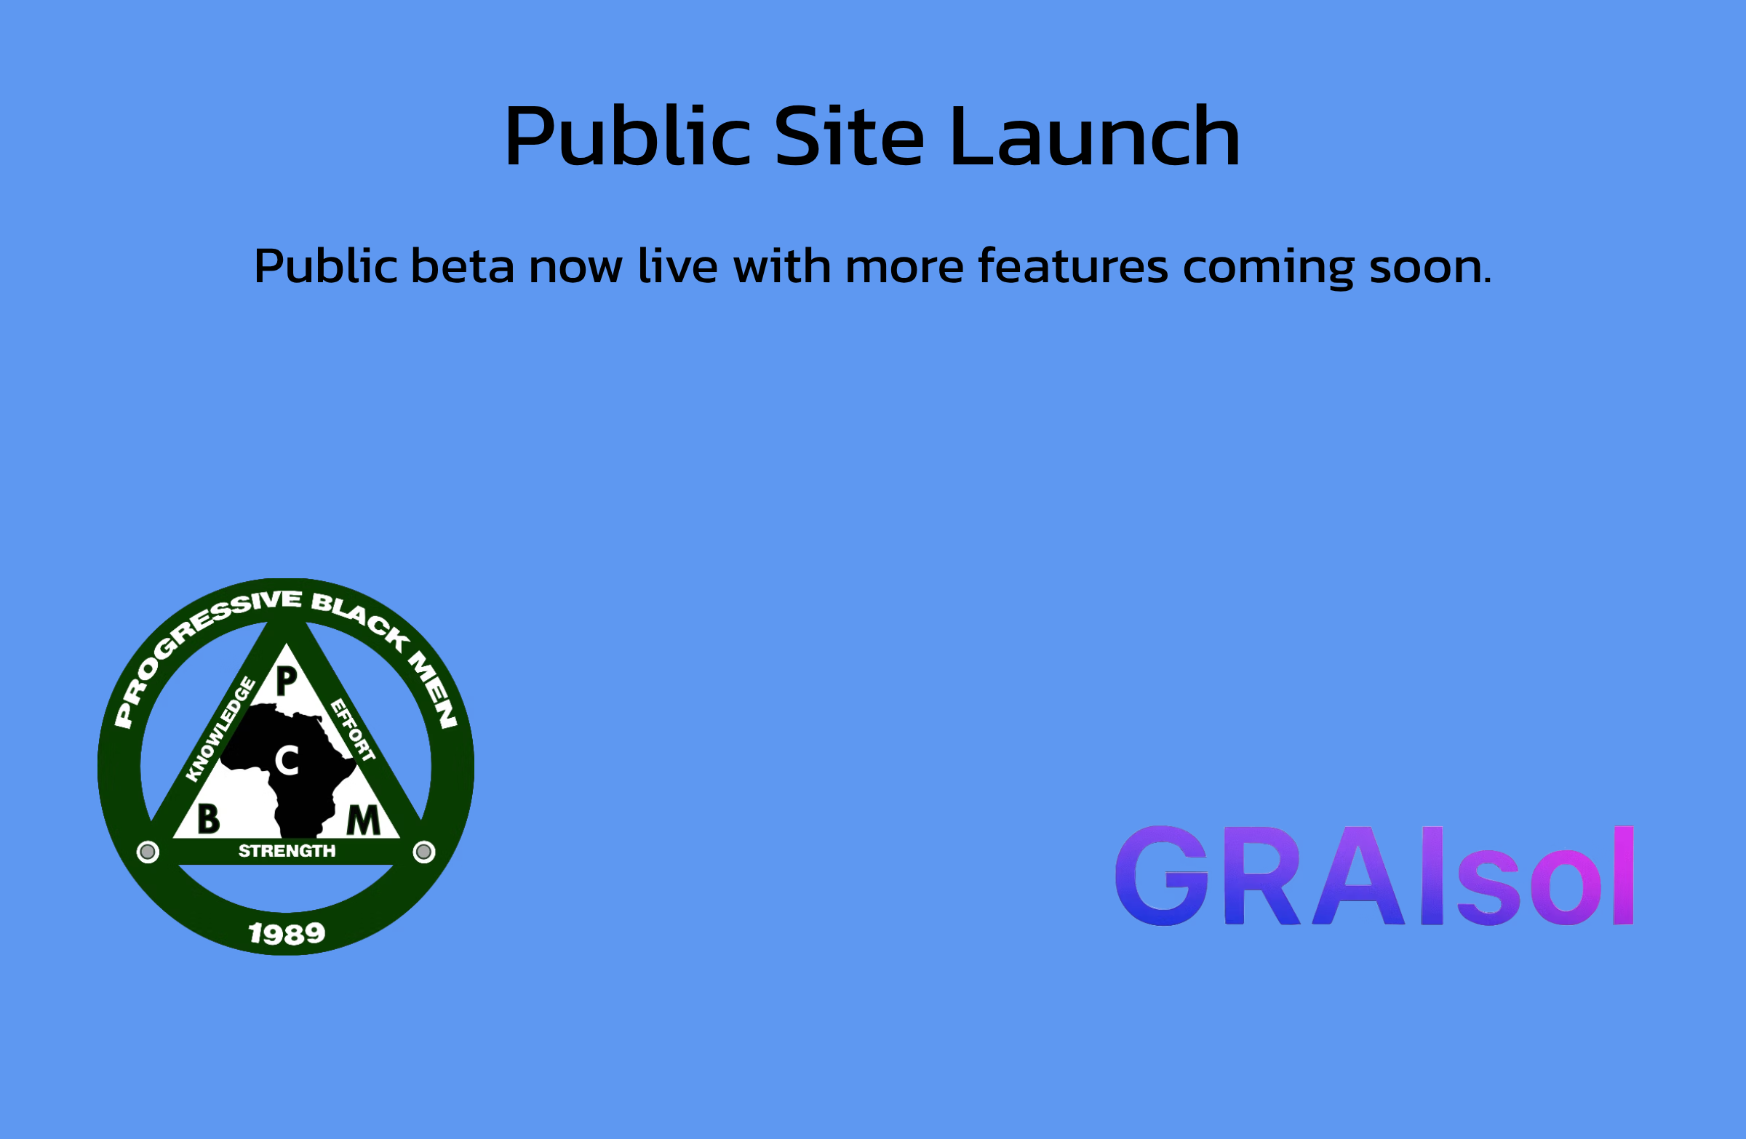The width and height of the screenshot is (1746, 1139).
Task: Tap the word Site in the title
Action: pyautogui.click(x=849, y=137)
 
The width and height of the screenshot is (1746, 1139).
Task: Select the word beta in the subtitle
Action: pyautogui.click(x=462, y=265)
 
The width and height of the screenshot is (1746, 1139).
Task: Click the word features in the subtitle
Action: pyautogui.click(x=1072, y=265)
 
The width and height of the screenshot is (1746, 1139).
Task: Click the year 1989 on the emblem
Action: pyautogui.click(x=287, y=934)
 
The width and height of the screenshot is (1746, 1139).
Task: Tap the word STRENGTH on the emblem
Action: pyautogui.click(x=287, y=851)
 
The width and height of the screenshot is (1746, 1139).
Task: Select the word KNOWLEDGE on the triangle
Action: pyautogui.click(x=220, y=730)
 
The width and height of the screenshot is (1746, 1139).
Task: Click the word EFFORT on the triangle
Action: pyautogui.click(x=353, y=730)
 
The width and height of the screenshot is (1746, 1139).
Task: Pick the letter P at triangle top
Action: pyautogui.click(x=287, y=682)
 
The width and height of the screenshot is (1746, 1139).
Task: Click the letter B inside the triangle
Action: pyautogui.click(x=208, y=819)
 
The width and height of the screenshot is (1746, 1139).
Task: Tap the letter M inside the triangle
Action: pyautogui.click(x=363, y=820)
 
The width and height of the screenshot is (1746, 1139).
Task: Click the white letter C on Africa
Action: pyautogui.click(x=287, y=761)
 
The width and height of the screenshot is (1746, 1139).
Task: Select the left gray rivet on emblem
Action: pyautogui.click(x=148, y=852)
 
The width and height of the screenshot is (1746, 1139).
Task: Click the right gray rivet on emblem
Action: pyautogui.click(x=423, y=852)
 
